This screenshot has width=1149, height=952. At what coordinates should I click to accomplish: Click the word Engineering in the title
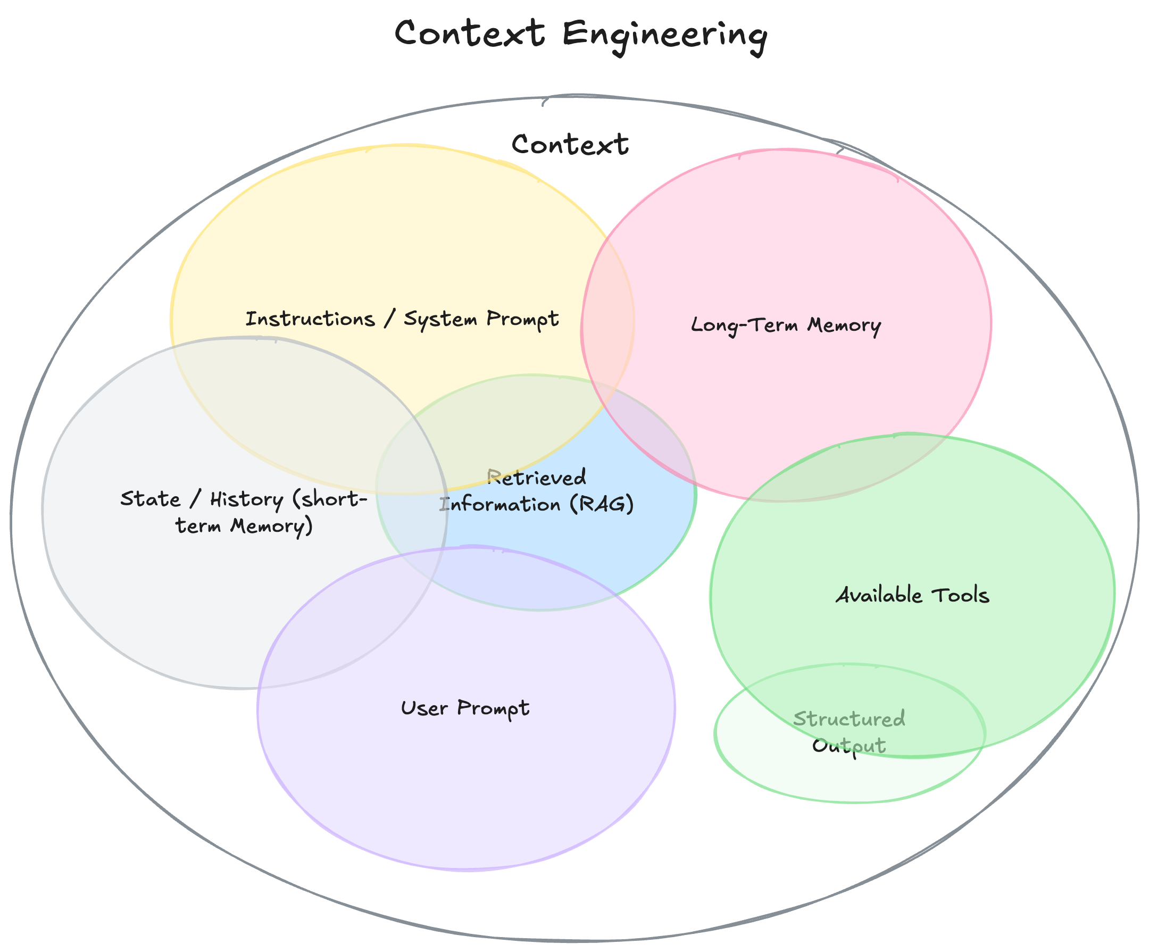(664, 35)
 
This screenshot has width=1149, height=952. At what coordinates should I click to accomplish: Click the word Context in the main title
(470, 34)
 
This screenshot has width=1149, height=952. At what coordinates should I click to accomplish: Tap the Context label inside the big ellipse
(570, 145)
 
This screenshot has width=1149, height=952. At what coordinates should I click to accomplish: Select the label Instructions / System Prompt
(402, 319)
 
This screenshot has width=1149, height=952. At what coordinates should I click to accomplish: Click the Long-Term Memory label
(786, 325)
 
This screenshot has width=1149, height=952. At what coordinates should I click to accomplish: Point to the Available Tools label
(912, 595)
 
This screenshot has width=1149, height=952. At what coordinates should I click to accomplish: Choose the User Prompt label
(465, 708)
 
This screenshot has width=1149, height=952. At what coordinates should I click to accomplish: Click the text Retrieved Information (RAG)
(537, 491)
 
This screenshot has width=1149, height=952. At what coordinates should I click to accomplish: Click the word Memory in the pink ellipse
(844, 325)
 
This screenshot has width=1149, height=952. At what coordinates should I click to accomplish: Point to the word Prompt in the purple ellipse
(493, 708)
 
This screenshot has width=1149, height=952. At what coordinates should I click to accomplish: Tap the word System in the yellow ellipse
(440, 319)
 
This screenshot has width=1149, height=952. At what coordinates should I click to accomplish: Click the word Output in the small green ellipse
(848, 746)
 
